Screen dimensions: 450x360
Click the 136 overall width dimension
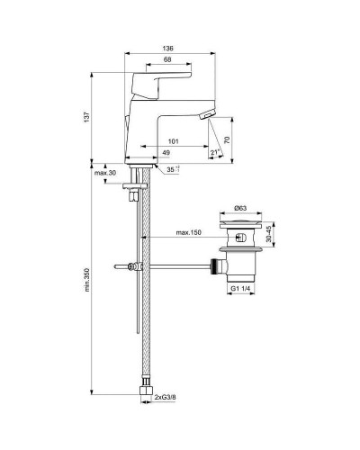pyautogui.click(x=169, y=49)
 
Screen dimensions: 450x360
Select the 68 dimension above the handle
pyautogui.click(x=168, y=61)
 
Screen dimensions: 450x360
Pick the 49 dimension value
pyautogui.click(x=166, y=153)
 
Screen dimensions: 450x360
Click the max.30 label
pyautogui.click(x=106, y=172)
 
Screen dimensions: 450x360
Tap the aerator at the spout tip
pyautogui.click(x=205, y=116)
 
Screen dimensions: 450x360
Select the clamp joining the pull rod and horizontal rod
pyautogui.click(x=136, y=267)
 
